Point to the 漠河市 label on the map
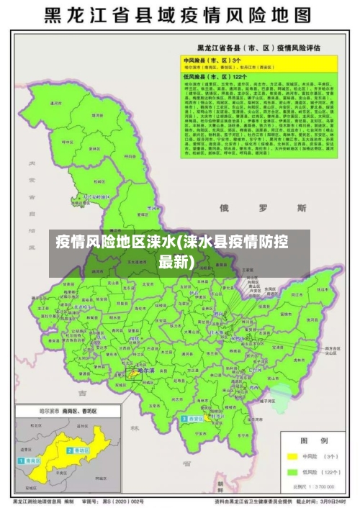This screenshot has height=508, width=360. [x=53, y=103]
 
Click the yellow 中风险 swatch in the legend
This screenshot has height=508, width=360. [x=292, y=456]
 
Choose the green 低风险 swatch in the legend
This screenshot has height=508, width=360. [x=292, y=472]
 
